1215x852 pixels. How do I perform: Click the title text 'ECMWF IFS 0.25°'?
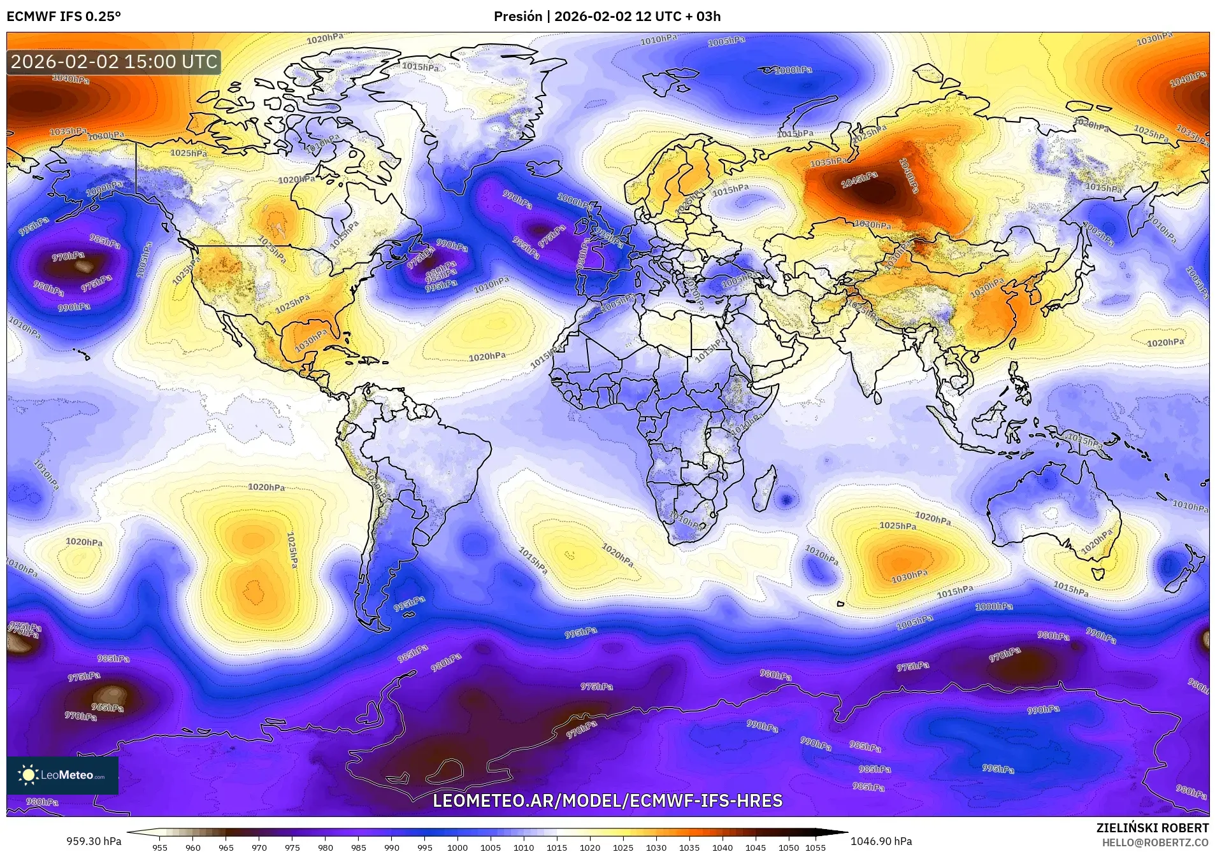click(x=64, y=17)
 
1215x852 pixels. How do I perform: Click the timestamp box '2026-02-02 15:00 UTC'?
click(x=114, y=62)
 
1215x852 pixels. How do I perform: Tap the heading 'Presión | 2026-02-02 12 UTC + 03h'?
click(x=607, y=17)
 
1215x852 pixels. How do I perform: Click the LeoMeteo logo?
click(x=62, y=775)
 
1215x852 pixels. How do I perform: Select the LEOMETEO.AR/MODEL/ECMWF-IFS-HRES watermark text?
click(x=607, y=800)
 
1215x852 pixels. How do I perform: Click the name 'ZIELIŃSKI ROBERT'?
click(x=1152, y=828)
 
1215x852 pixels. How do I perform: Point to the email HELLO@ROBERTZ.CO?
click(x=1155, y=842)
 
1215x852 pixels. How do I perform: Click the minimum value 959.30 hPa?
click(x=94, y=841)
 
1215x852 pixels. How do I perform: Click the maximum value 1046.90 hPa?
click(x=881, y=841)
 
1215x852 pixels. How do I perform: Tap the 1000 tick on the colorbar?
click(x=457, y=847)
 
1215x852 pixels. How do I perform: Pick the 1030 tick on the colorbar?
click(x=656, y=847)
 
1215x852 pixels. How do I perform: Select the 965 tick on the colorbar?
click(x=226, y=847)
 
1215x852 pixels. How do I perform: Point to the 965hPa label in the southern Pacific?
click(x=107, y=707)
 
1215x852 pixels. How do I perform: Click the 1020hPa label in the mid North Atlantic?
click(x=487, y=357)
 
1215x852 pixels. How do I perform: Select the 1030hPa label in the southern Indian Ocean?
click(x=909, y=577)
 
